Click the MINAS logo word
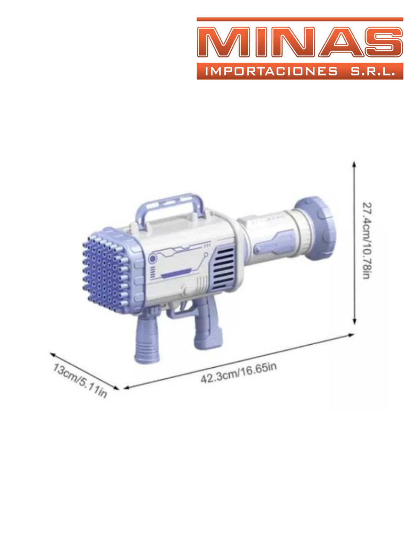(x=299, y=42)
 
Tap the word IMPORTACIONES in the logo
(x=271, y=71)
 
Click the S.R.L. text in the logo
(x=373, y=71)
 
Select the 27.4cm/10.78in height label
(x=367, y=240)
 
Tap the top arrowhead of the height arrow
(x=354, y=164)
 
